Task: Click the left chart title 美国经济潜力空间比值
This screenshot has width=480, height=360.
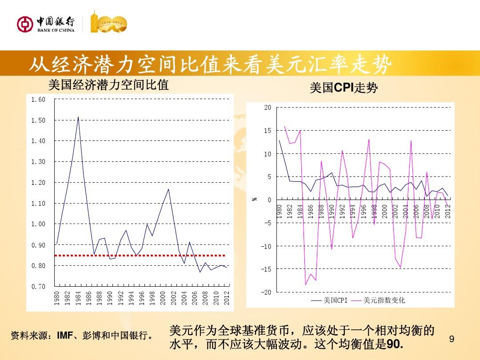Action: pyautogui.click(x=108, y=85)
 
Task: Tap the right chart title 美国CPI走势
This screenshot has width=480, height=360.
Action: pyautogui.click(x=344, y=88)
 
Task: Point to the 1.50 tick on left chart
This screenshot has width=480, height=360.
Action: pyautogui.click(x=38, y=120)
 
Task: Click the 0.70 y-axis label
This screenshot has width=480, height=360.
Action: pyautogui.click(x=38, y=287)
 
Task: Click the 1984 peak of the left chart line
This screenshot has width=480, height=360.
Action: pyautogui.click(x=78, y=117)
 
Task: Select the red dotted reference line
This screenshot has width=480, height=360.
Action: pyautogui.click(x=140, y=256)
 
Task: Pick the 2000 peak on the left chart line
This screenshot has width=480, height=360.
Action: pyautogui.click(x=168, y=189)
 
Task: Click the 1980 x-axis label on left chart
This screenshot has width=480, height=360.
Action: pyautogui.click(x=57, y=298)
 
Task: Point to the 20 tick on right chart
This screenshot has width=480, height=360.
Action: pyautogui.click(x=267, y=108)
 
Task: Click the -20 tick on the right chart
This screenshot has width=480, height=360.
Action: pyautogui.click(x=266, y=292)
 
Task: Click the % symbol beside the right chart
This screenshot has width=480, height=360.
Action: pyautogui.click(x=255, y=199)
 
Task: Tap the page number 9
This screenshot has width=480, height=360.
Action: pyautogui.click(x=452, y=340)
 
